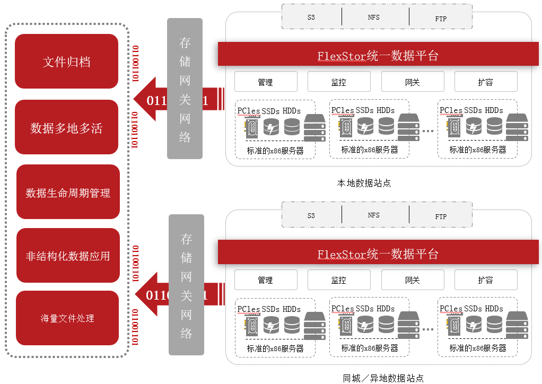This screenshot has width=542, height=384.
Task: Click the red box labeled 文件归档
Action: [66, 62]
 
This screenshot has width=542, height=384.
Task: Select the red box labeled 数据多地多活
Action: [66, 127]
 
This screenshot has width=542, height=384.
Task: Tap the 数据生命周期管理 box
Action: [68, 192]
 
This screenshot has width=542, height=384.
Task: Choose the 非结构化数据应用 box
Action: [68, 256]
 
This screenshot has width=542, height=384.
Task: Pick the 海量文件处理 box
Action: [67, 318]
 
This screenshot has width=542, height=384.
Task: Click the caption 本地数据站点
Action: [364, 184]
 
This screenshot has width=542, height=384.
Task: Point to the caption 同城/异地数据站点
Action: [383, 378]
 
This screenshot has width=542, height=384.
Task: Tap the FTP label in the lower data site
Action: [441, 216]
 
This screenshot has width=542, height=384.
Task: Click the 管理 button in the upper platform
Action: [265, 82]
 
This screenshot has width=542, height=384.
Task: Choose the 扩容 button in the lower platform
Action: [485, 280]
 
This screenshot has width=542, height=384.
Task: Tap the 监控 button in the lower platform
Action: [338, 280]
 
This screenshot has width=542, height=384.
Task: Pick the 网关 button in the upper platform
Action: [412, 82]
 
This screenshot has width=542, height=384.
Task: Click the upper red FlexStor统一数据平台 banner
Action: [378, 55]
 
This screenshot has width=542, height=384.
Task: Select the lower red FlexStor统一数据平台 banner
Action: [378, 254]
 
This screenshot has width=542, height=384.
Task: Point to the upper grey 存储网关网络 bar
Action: [185, 89]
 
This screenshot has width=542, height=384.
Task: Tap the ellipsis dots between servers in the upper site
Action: [427, 130]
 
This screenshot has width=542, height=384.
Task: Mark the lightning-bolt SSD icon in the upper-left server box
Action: [272, 127]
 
